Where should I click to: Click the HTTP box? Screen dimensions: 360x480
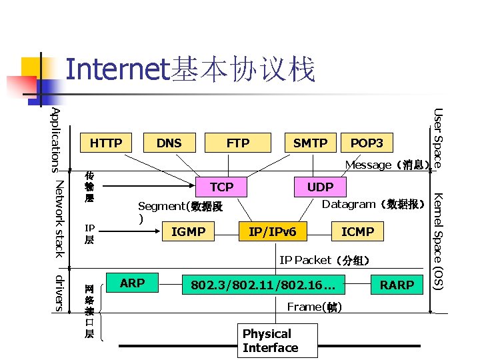(x=106, y=143)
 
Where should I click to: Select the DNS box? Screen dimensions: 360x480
(x=169, y=143)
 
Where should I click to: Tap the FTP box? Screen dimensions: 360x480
(x=238, y=143)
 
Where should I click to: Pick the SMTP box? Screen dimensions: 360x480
(x=311, y=143)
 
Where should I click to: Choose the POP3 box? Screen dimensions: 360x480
(x=367, y=143)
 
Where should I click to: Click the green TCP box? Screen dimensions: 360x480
(x=221, y=187)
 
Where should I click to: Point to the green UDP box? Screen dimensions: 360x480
(x=320, y=187)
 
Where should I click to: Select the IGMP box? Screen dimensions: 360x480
(x=189, y=232)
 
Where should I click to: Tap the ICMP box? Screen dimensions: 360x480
(x=358, y=232)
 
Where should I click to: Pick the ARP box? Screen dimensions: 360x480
(x=132, y=283)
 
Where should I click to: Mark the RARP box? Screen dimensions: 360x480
(x=397, y=285)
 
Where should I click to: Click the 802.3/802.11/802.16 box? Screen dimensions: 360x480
(x=263, y=285)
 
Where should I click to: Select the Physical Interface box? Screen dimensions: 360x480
(x=270, y=341)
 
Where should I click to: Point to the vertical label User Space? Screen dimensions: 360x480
(x=437, y=137)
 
